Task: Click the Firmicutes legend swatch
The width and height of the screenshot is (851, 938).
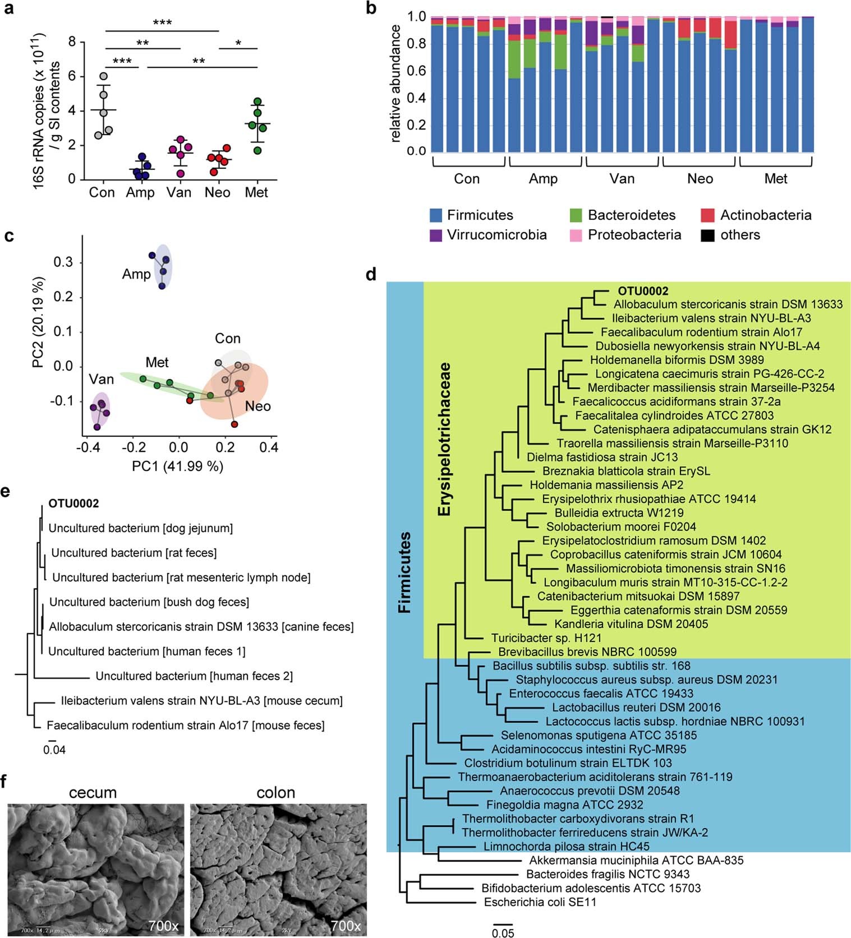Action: tap(436, 215)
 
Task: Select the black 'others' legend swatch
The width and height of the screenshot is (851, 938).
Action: tap(707, 235)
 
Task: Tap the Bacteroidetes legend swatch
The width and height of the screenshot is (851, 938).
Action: tap(576, 215)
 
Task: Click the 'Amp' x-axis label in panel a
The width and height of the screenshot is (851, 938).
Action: tap(140, 193)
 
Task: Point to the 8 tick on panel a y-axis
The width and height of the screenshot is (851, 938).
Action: tap(72, 42)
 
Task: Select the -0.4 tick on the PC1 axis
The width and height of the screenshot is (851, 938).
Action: tap(86, 448)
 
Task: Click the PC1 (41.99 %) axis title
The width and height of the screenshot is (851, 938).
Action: tap(177, 466)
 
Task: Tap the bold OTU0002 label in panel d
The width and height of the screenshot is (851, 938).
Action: tap(643, 291)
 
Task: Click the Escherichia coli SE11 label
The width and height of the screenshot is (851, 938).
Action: tap(540, 902)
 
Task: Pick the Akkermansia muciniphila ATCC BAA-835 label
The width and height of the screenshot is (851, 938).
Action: tap(636, 860)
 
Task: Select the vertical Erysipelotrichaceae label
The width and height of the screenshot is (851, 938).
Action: tap(445, 439)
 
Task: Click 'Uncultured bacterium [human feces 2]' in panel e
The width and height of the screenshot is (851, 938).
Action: tap(194, 676)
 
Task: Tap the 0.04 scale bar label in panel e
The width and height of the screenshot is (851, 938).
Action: tap(54, 750)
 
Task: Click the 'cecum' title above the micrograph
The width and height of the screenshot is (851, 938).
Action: tap(93, 793)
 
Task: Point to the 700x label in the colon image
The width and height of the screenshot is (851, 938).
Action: tap(346, 926)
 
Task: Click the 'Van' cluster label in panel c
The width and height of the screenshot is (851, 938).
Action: tap(101, 380)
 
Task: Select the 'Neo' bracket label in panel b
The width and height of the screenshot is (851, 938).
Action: tap(700, 179)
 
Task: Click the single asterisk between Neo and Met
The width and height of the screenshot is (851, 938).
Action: tap(238, 43)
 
